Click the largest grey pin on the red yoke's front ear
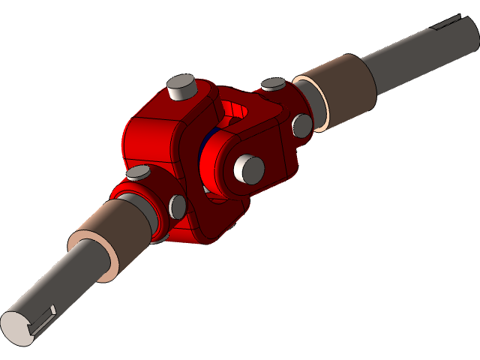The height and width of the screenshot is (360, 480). tap(248, 168)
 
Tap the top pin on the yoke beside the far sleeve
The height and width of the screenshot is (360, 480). tap(271, 84)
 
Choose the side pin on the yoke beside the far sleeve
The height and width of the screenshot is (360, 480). tap(301, 125)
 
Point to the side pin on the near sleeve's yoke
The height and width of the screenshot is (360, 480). tap(178, 206)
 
